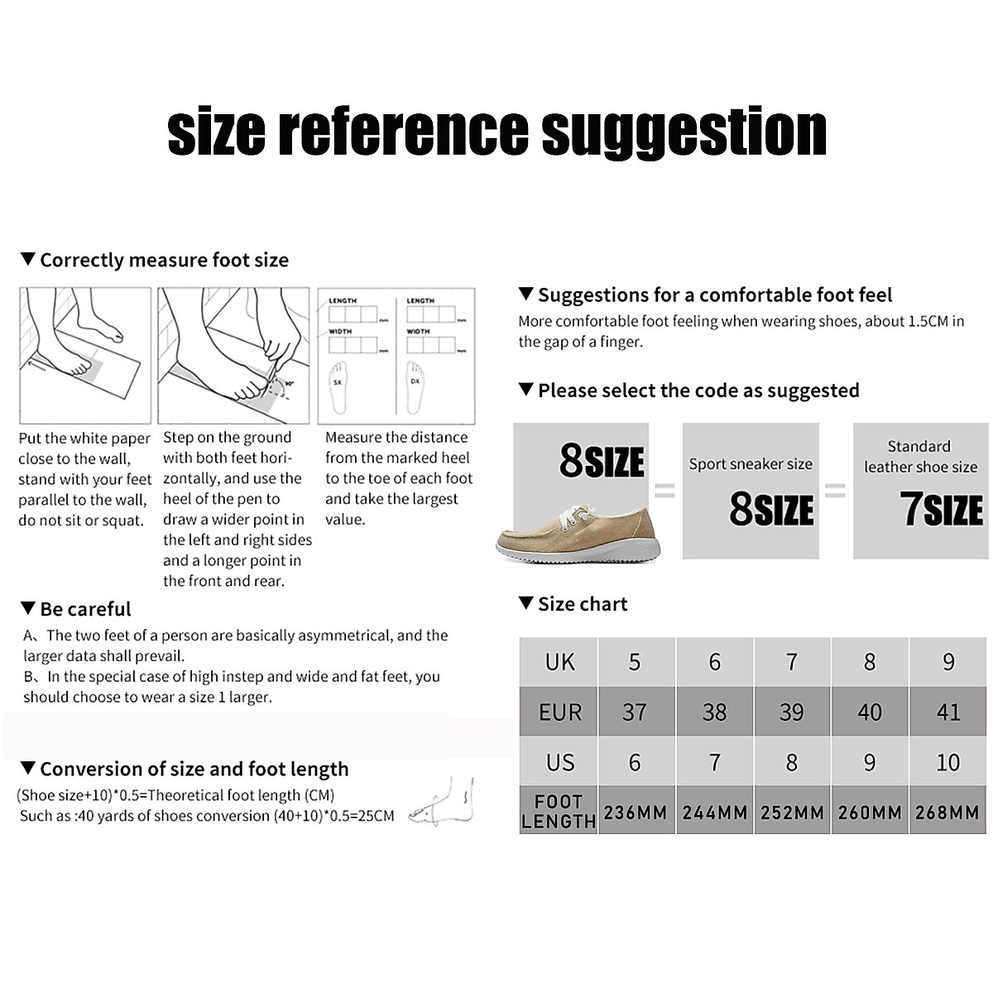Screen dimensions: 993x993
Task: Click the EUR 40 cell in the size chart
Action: (x=870, y=712)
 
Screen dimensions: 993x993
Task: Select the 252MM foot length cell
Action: (x=792, y=812)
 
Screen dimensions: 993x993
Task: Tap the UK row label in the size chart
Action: (x=559, y=662)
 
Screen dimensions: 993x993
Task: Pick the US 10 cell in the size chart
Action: (x=947, y=762)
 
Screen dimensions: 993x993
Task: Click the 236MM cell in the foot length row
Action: (x=635, y=812)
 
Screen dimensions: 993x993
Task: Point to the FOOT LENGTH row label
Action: (x=559, y=812)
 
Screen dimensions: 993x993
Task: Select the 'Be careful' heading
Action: (x=85, y=610)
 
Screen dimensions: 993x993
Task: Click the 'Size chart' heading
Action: (x=582, y=604)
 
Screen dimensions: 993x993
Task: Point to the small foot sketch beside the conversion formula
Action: (x=448, y=803)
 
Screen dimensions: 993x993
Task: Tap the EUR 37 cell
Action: (x=635, y=712)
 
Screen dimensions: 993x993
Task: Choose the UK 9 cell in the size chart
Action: (x=947, y=662)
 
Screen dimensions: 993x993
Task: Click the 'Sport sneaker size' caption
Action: (x=751, y=464)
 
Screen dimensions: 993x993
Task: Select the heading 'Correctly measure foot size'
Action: (x=164, y=261)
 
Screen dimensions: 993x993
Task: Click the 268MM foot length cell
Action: (x=947, y=812)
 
